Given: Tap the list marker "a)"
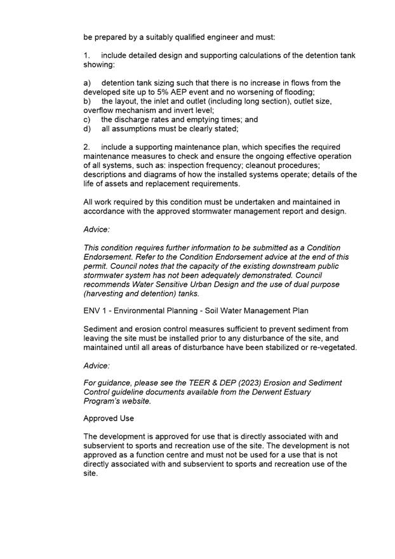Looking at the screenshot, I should pyautogui.click(x=88, y=83).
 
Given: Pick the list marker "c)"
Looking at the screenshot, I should pyautogui.click(x=88, y=119).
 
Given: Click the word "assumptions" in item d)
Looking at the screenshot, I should pyautogui.click(x=135, y=129).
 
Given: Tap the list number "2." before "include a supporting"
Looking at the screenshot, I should pyautogui.click(x=87, y=147).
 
